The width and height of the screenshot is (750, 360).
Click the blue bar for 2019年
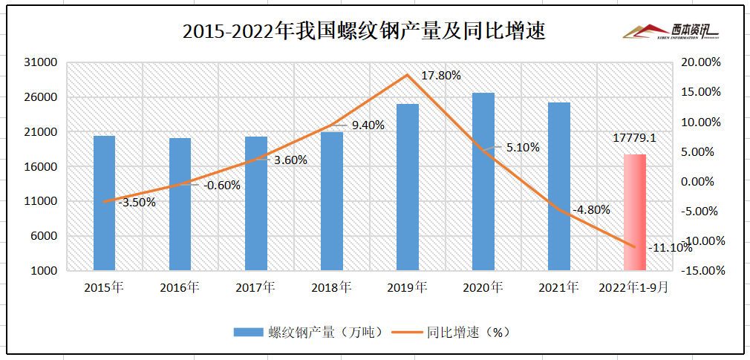[408, 187]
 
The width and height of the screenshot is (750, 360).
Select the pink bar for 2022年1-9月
[634, 212]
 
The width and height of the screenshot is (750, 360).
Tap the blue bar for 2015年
[105, 203]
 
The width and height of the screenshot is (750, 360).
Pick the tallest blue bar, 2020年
[483, 181]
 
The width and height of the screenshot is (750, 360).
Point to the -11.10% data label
[670, 247]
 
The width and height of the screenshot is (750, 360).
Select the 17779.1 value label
[634, 138]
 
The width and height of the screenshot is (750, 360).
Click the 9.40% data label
[368, 125]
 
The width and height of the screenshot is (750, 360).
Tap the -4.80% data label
[591, 209]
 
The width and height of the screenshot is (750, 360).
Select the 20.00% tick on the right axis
[702, 62]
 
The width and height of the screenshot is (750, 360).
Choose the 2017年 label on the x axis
[255, 287]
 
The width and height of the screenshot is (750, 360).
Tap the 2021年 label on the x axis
[558, 287]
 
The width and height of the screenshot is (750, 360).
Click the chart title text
[364, 32]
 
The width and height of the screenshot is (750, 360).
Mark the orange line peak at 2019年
[407, 75]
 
